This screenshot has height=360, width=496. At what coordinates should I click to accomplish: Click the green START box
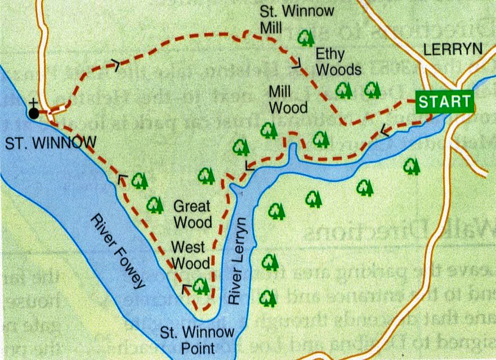click(x=445, y=102)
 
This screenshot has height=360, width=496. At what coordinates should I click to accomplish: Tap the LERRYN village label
click(x=453, y=49)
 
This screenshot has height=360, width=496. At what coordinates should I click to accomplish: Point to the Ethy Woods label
click(x=338, y=62)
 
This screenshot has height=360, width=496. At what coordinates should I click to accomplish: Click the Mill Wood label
click(x=288, y=98)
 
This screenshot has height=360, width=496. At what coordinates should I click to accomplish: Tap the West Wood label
click(x=191, y=255)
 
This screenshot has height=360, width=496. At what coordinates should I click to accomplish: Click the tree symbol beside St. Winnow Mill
click(x=306, y=38)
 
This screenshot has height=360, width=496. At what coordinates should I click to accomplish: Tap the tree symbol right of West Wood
click(x=201, y=286)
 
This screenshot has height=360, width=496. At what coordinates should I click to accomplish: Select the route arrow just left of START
click(x=386, y=131)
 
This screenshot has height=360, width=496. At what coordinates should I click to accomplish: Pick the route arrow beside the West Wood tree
click(x=186, y=289)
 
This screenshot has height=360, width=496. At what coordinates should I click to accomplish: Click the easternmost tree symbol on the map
click(x=412, y=166)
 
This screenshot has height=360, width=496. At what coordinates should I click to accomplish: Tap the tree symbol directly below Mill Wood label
click(x=269, y=130)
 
